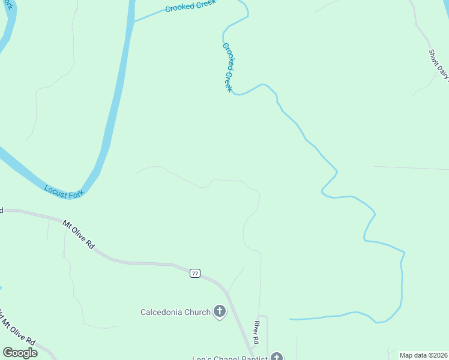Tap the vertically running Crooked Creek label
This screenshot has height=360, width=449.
coord(228,67)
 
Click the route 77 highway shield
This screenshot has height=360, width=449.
coord(194,274)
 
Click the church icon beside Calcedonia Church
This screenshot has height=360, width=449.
coord(220,311)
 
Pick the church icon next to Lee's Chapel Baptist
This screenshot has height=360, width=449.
coord(276,357)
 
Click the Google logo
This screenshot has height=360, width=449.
coord(20,353)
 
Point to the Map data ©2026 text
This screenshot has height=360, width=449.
coord(423,355)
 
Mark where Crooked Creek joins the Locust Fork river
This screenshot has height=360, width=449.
coord(132,22)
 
